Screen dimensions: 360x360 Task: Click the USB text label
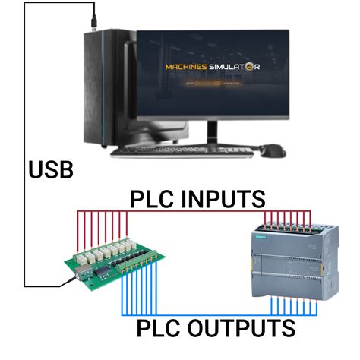click(52, 169)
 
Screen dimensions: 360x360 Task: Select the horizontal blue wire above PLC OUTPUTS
click(197, 313)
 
